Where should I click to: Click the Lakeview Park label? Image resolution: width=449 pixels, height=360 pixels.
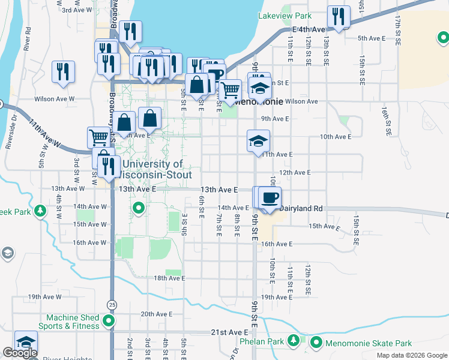[x=285, y=16]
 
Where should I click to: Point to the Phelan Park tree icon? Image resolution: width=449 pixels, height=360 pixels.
[x=293, y=341]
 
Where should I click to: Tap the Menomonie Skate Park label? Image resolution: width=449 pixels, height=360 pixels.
[x=368, y=343]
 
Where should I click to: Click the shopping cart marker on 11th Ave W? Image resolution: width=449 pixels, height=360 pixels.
[x=99, y=137]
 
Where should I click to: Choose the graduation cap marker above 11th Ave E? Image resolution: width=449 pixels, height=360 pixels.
[x=259, y=142]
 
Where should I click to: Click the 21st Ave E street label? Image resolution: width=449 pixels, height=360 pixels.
[x=229, y=332]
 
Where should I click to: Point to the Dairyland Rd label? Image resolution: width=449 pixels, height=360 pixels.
[x=303, y=208]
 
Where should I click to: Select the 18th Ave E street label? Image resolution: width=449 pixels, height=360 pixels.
[x=169, y=278]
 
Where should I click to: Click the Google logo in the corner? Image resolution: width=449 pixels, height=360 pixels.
[x=20, y=353]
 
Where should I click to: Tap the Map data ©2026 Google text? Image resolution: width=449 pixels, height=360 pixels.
[x=411, y=355]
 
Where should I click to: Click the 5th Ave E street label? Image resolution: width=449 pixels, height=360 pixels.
[x=371, y=38]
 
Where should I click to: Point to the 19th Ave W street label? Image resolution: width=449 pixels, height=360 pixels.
[x=43, y=296]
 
